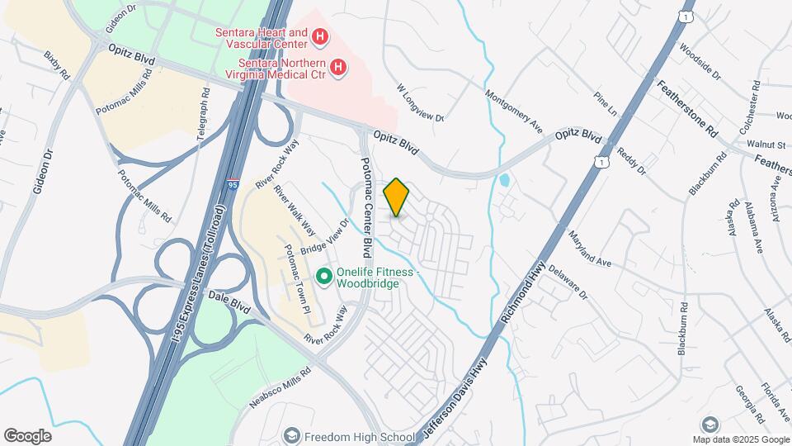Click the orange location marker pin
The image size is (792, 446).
(x=397, y=197)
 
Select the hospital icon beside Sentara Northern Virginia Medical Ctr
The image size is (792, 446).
(x=337, y=69)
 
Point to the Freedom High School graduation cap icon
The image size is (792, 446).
(x=291, y=435)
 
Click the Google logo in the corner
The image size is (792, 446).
(x=28, y=435)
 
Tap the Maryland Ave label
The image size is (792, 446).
(x=589, y=248)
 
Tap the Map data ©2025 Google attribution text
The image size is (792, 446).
(x=739, y=439)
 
